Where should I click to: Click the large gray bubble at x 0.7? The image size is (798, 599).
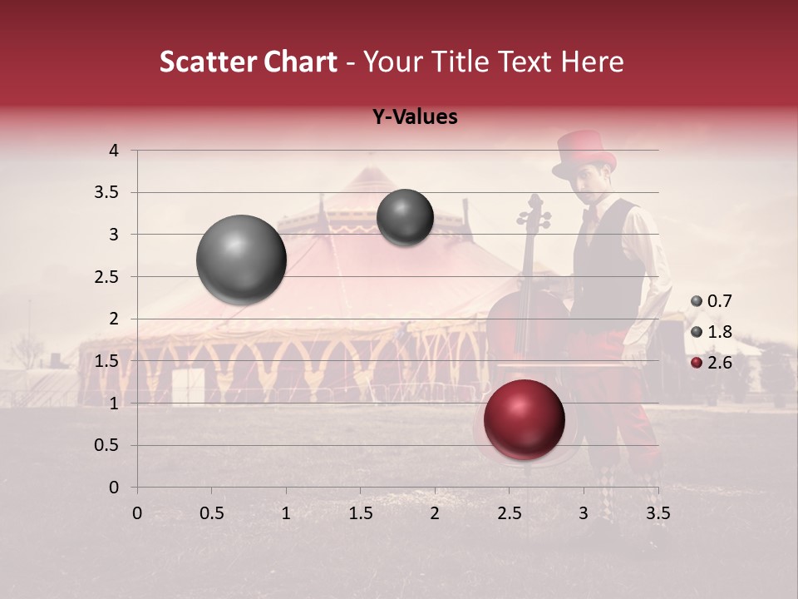coord(241,260)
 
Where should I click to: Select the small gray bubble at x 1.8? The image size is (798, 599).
coord(405,217)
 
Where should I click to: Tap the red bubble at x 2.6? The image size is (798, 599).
coord(525,419)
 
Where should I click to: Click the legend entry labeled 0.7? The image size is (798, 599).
coord(712,301)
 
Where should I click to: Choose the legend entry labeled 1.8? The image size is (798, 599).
coord(712,332)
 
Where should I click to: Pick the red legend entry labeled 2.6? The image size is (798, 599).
coord(712,363)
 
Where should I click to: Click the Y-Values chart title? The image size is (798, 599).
coord(415,117)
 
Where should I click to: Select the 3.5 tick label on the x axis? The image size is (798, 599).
coord(658,512)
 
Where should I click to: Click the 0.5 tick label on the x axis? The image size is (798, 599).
coord(211,512)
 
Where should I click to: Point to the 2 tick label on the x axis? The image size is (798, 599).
coord(435,512)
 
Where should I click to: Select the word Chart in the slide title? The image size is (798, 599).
coord(296,62)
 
